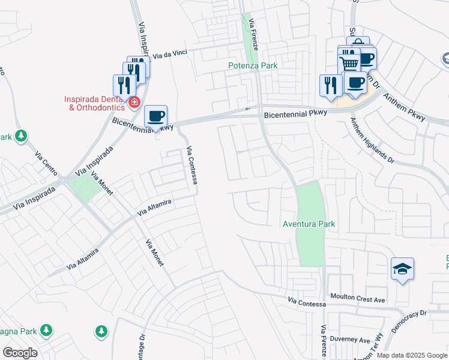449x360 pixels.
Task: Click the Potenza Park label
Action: click(253, 65)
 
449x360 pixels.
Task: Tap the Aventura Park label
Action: click(309, 224)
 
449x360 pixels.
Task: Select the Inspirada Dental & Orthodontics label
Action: click(95, 103)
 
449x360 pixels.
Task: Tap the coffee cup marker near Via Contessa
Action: click(155, 116)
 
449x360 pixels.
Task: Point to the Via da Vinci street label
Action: click(170, 54)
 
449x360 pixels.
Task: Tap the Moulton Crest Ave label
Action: click(358, 298)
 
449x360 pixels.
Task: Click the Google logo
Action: click(20, 353)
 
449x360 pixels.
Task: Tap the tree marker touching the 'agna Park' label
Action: click(46, 330)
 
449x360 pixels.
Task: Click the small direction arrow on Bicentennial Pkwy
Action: click(247, 109)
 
